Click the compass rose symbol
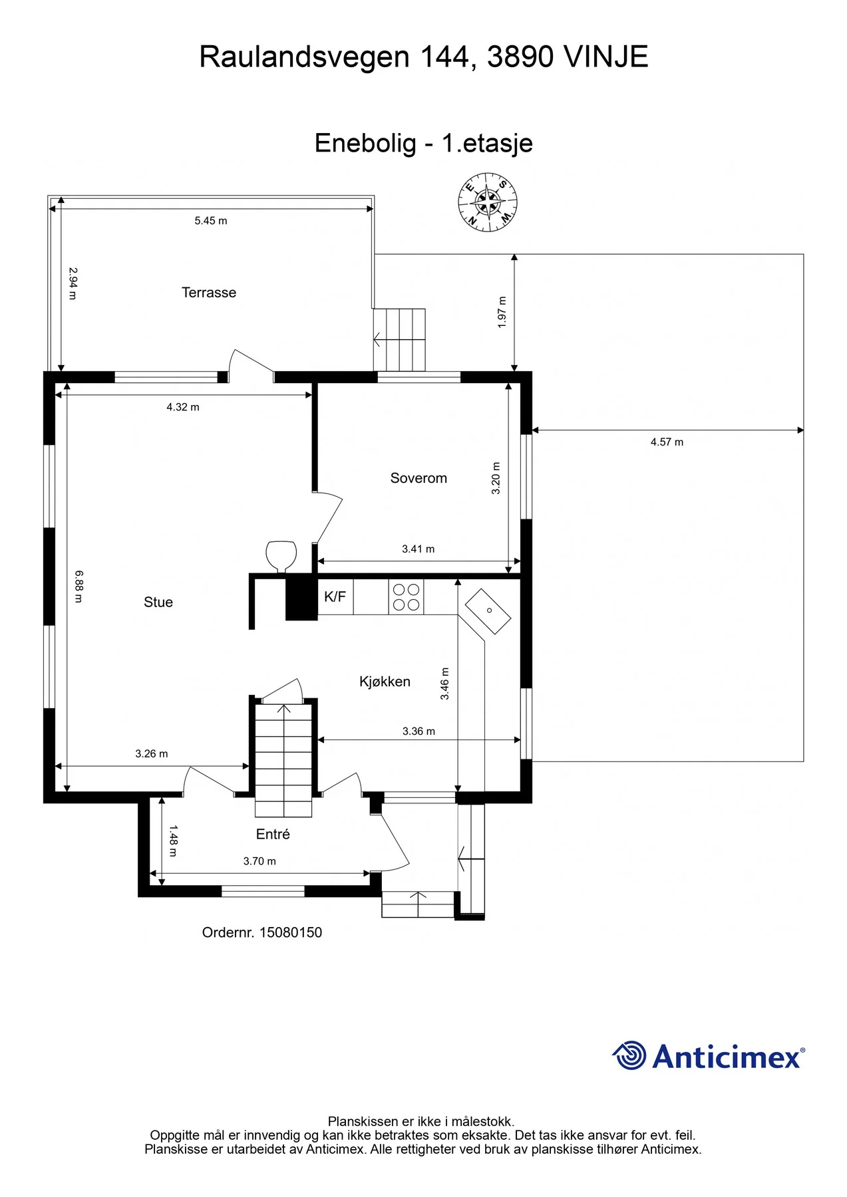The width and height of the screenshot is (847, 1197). tap(488, 202)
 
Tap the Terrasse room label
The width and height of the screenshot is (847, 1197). tap(209, 293)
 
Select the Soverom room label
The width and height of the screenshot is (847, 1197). tap(419, 478)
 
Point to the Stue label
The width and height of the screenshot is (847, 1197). tap(158, 602)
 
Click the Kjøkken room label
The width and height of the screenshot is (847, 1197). tap(385, 682)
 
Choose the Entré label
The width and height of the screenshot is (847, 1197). tap(273, 834)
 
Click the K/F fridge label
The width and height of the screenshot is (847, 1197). tap(335, 597)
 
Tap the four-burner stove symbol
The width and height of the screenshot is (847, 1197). tap(406, 597)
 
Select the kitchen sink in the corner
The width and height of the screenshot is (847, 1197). tap(488, 611)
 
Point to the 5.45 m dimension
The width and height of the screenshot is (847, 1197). tap(211, 221)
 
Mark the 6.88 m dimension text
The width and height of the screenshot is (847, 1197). tap(79, 586)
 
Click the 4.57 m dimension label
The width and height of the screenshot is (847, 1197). tap(667, 442)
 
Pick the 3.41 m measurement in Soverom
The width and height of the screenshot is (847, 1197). tap(419, 549)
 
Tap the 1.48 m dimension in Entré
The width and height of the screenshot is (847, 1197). tap(173, 841)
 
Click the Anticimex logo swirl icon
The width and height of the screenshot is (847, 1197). tap(629, 1055)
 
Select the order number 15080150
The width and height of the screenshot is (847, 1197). tap(291, 932)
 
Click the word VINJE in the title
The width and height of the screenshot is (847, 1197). tap(605, 57)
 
